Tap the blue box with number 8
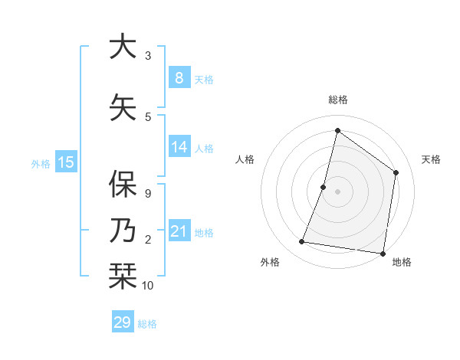click(179, 78)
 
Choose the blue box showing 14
click(179, 147)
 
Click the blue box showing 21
click(179, 231)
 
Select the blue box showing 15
click(66, 162)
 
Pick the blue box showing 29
click(123, 322)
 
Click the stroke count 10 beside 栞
click(148, 286)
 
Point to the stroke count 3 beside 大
click(148, 56)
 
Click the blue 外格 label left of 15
click(41, 163)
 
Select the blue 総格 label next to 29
click(148, 324)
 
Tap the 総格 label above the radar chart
click(337, 100)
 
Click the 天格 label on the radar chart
click(431, 159)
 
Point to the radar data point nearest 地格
click(383, 253)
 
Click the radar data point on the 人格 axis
click(324, 187)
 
